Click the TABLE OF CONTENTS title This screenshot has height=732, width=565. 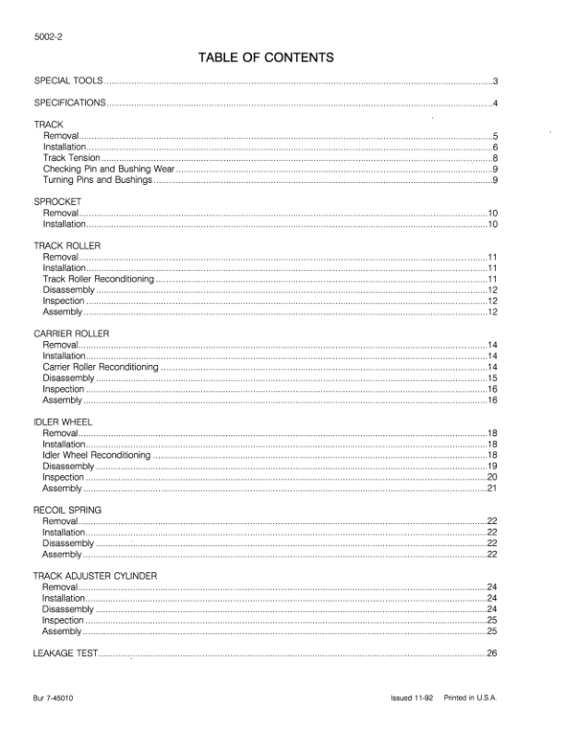(x=265, y=58)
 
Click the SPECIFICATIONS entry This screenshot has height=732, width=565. (x=70, y=102)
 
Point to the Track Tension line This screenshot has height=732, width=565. (x=71, y=158)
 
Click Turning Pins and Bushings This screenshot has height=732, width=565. (x=97, y=179)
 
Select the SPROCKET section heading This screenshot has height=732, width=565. (x=58, y=201)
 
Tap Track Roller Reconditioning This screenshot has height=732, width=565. (x=99, y=278)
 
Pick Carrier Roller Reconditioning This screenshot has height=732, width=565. (x=101, y=367)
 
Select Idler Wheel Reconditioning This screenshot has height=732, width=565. (x=96, y=456)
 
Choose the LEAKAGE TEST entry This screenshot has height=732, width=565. (x=65, y=654)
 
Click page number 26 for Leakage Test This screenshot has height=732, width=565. (x=492, y=654)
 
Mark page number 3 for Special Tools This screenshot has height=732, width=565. (x=496, y=81)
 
